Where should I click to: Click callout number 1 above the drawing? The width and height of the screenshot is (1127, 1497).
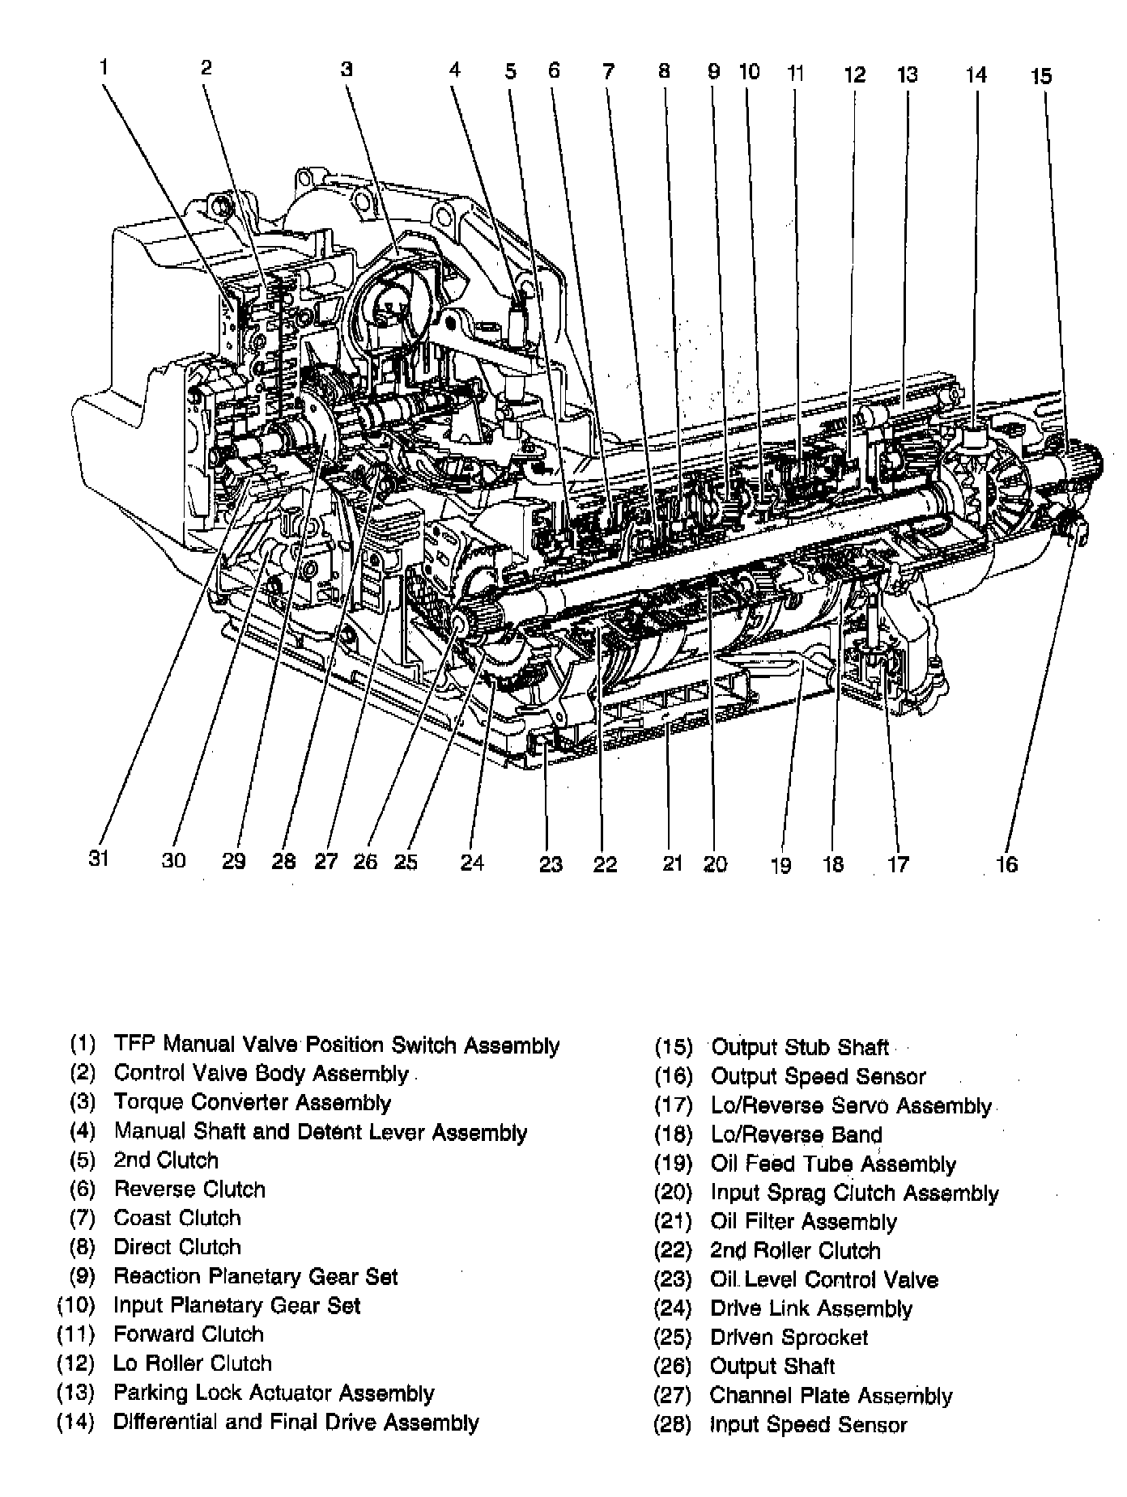[104, 67]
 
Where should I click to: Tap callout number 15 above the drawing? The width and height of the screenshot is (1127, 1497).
[1041, 76]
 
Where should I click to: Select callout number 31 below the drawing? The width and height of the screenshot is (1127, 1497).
[99, 858]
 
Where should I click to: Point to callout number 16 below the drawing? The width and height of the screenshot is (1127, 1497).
[1006, 864]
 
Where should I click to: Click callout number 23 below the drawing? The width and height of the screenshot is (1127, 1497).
[551, 864]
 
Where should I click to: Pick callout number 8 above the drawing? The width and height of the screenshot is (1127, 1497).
[664, 71]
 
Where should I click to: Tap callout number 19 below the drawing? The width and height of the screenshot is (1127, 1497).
[780, 865]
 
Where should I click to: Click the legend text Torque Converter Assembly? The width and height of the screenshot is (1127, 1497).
[252, 1102]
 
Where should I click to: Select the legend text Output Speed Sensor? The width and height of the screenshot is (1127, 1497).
[818, 1076]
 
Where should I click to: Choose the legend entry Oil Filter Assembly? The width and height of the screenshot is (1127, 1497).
[803, 1222]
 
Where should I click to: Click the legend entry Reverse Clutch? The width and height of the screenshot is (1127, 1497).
[189, 1190]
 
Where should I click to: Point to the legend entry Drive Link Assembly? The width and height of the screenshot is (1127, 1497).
[810, 1308]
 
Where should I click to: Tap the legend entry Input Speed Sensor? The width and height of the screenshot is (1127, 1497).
[808, 1424]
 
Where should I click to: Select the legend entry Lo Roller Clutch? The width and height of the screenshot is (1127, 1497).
[193, 1363]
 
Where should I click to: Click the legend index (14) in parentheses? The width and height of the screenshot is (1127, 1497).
[75, 1422]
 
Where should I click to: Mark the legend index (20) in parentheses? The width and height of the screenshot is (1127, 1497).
[673, 1193]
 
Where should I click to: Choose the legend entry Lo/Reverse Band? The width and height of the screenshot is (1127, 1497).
[796, 1134]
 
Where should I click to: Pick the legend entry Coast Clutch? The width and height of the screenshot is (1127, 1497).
[177, 1218]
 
